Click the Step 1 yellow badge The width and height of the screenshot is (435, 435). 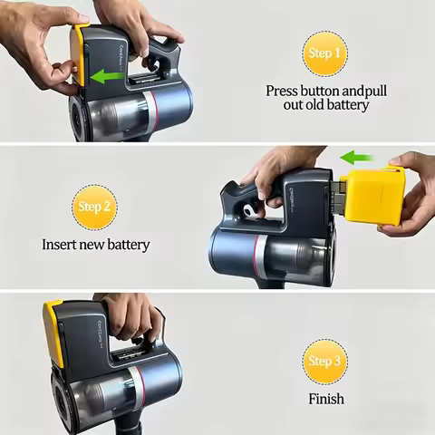coord(324,53)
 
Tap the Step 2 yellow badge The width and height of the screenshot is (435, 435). coord(94,208)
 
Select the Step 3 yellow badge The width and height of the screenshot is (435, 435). coord(324,362)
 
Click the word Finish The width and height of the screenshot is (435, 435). coord(326,399)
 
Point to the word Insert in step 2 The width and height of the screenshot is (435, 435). coord(59,245)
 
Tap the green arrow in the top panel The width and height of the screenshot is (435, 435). coord(108,76)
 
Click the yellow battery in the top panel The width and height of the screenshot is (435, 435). coord(77,54)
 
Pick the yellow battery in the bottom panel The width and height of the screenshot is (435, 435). coord(54,333)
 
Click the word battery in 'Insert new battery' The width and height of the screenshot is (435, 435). coord(129,245)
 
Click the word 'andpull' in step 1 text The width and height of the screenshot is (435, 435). coord(365,92)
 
